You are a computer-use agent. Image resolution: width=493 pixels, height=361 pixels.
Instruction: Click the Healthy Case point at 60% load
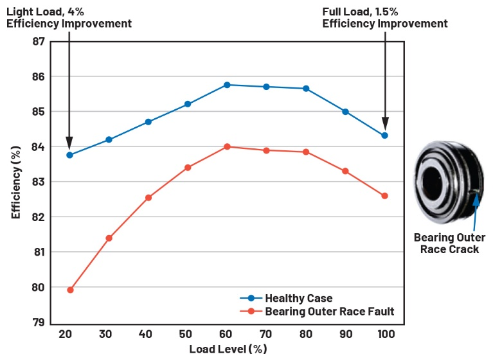coord(227,85)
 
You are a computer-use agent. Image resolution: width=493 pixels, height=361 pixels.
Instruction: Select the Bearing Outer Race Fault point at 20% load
coord(70,290)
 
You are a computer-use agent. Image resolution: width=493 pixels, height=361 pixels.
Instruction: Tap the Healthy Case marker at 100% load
coord(384,136)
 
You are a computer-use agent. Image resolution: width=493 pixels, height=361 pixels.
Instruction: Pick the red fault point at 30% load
coord(109,238)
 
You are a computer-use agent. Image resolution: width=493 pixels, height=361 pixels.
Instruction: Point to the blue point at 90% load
coord(345,112)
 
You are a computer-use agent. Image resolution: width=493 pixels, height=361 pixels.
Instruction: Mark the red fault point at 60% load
coord(227,146)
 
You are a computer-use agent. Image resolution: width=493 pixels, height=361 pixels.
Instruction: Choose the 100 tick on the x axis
coord(384,335)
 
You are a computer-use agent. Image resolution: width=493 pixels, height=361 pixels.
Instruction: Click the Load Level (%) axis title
coord(228,349)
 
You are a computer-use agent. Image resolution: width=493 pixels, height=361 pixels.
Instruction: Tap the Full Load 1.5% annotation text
coord(384,17)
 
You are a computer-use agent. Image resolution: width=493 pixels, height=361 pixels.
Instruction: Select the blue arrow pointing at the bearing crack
coord(475,212)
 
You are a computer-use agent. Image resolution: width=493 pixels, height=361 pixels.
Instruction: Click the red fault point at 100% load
coord(384,196)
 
